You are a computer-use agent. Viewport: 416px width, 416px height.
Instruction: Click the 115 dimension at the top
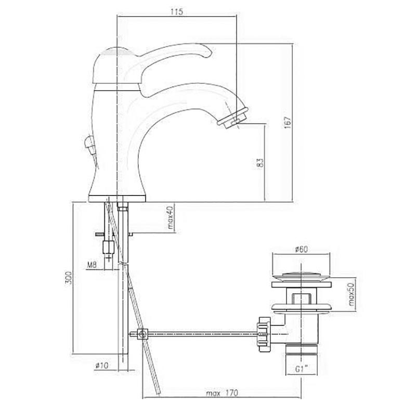pos(177,12)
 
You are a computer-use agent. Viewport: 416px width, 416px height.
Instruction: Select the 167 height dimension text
pos(288,122)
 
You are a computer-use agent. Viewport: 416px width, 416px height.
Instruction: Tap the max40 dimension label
pos(171,217)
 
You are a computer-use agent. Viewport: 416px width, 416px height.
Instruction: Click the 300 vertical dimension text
pos(69,278)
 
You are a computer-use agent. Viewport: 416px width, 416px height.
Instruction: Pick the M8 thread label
pos(93,265)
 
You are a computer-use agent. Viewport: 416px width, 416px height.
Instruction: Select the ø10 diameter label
pos(101,366)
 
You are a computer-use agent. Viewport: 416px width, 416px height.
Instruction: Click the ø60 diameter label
pos(302,249)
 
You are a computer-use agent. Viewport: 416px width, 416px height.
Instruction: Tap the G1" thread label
pos(302,369)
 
